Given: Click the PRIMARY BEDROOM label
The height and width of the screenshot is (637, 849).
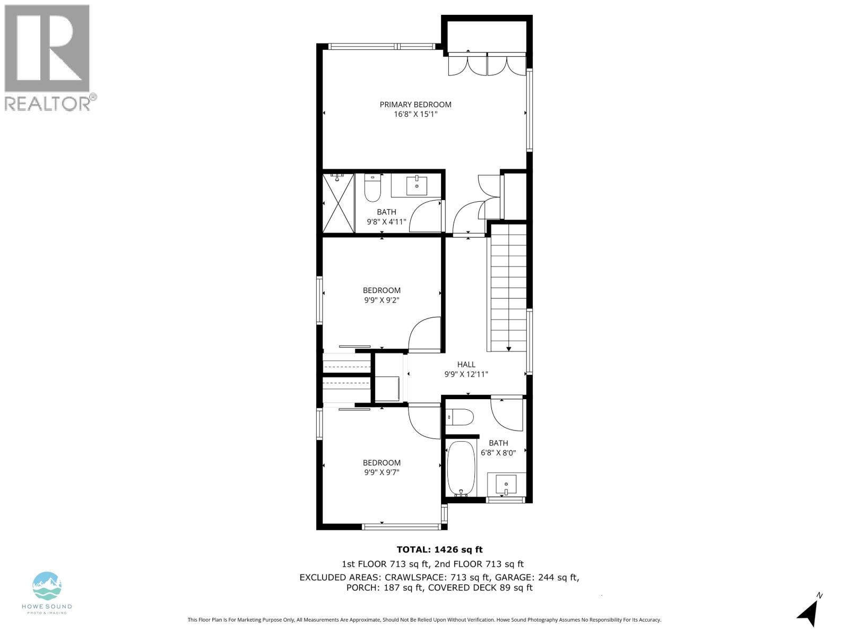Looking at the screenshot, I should (415, 105).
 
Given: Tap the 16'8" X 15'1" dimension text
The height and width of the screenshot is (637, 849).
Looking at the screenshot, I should (415, 114).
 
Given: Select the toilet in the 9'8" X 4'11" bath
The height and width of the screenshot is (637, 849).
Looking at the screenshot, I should (372, 190).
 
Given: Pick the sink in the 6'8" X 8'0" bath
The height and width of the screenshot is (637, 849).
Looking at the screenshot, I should (507, 485).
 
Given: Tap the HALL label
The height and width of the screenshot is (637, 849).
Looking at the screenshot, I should (466, 365).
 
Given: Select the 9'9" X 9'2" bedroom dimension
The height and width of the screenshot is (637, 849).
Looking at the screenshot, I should (382, 300).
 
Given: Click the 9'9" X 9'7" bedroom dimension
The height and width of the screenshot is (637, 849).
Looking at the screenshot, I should (382, 472).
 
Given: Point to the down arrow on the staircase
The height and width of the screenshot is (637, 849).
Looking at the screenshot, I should (509, 348).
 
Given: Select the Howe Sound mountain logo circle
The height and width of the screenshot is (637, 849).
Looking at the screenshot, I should (47, 586).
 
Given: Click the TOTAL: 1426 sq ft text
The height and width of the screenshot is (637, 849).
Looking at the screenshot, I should (439, 550).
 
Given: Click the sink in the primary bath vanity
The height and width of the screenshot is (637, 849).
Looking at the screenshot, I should (417, 186).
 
